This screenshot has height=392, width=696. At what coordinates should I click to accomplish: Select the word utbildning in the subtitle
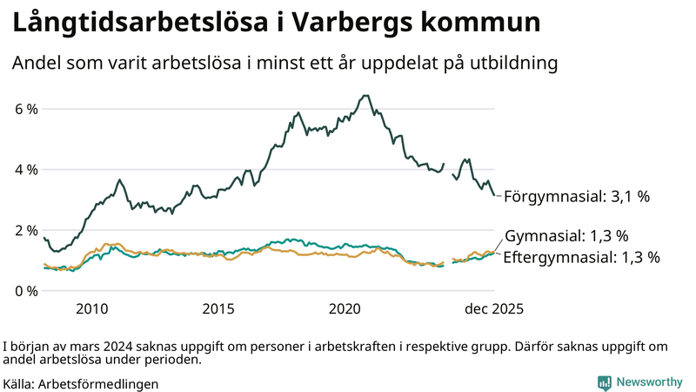pos(509,64)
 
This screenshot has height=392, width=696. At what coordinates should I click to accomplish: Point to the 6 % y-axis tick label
pos(25,109)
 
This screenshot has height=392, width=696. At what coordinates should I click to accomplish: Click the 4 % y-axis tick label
pos(25,170)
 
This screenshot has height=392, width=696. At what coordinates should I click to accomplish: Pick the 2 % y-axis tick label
pos(25,230)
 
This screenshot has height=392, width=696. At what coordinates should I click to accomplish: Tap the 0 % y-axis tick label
pos(25,290)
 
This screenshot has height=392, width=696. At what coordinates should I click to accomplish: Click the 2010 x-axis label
pos(92,308)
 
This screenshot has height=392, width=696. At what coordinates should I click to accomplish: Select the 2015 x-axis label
pos(218,308)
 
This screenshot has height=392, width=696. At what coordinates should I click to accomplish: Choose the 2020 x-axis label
pos(345,308)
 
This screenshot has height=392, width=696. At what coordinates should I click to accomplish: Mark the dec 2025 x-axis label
pos(493,308)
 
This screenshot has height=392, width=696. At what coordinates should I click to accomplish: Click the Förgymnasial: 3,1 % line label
pos(576,197)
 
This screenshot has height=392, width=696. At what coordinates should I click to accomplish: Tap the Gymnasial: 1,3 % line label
pos(566,236)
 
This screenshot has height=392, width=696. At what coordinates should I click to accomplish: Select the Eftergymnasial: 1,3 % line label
pos(581,257)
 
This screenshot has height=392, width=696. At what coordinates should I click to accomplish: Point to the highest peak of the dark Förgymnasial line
pos(365,96)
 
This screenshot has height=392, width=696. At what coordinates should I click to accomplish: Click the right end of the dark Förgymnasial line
pos(494,196)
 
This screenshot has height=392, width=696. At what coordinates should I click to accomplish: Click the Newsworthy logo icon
pos(604,382)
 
